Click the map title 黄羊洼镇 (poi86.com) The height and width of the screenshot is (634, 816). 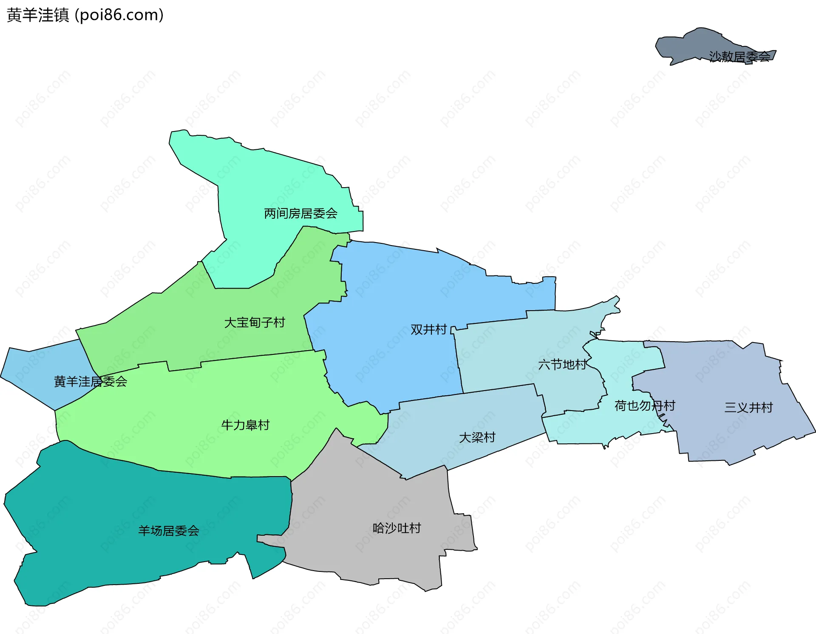(85, 15)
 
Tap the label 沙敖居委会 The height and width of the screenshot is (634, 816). (739, 57)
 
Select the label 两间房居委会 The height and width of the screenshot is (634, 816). (300, 213)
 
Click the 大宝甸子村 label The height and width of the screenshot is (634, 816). (254, 323)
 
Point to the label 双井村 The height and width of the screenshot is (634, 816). (428, 329)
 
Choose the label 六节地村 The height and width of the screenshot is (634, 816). (562, 365)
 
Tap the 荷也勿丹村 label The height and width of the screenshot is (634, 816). (644, 406)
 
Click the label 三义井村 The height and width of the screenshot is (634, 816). (748, 408)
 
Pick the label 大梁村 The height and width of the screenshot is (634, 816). (477, 437)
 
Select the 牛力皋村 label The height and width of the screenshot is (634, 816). (245, 425)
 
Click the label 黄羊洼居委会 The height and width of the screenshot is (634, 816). (90, 382)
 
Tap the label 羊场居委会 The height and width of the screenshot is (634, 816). (168, 531)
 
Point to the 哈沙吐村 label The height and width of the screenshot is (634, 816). (397, 528)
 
